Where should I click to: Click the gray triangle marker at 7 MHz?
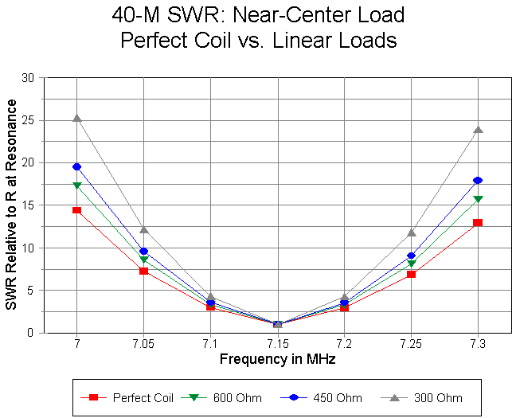coord(76,118)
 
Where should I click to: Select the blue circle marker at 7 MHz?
coord(76,166)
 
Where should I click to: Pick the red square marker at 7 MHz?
coord(76,210)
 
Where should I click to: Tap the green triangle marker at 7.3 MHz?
coord(478,199)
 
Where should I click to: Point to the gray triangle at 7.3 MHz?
coord(478,129)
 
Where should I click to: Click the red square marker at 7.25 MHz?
coord(411,274)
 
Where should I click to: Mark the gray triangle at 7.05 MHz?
coord(143,230)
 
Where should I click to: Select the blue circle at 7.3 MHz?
coord(478,180)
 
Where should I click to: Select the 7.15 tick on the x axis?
coord(277,344)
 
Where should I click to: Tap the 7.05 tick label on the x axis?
coord(143,344)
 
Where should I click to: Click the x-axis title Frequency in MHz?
coord(277,359)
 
